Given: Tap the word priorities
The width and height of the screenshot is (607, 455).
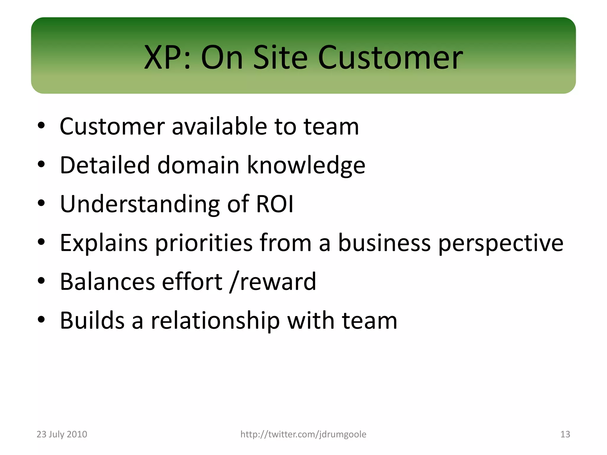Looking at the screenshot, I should pyautogui.click(x=204, y=243).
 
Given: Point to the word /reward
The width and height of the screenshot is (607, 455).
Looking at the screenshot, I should pyautogui.click(x=273, y=282).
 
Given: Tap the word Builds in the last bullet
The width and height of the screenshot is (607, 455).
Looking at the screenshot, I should pyautogui.click(x=92, y=321).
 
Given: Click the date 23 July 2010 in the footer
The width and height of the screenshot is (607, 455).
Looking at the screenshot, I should pyautogui.click(x=62, y=434).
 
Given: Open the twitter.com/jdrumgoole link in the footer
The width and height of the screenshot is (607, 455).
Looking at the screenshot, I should pyautogui.click(x=303, y=434).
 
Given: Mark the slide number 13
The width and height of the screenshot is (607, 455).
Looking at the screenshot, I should pyautogui.click(x=565, y=434).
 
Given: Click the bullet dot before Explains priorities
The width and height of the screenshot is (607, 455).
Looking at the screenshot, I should pyautogui.click(x=41, y=242).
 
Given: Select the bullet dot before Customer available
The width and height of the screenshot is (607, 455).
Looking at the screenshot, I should pyautogui.click(x=41, y=125).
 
